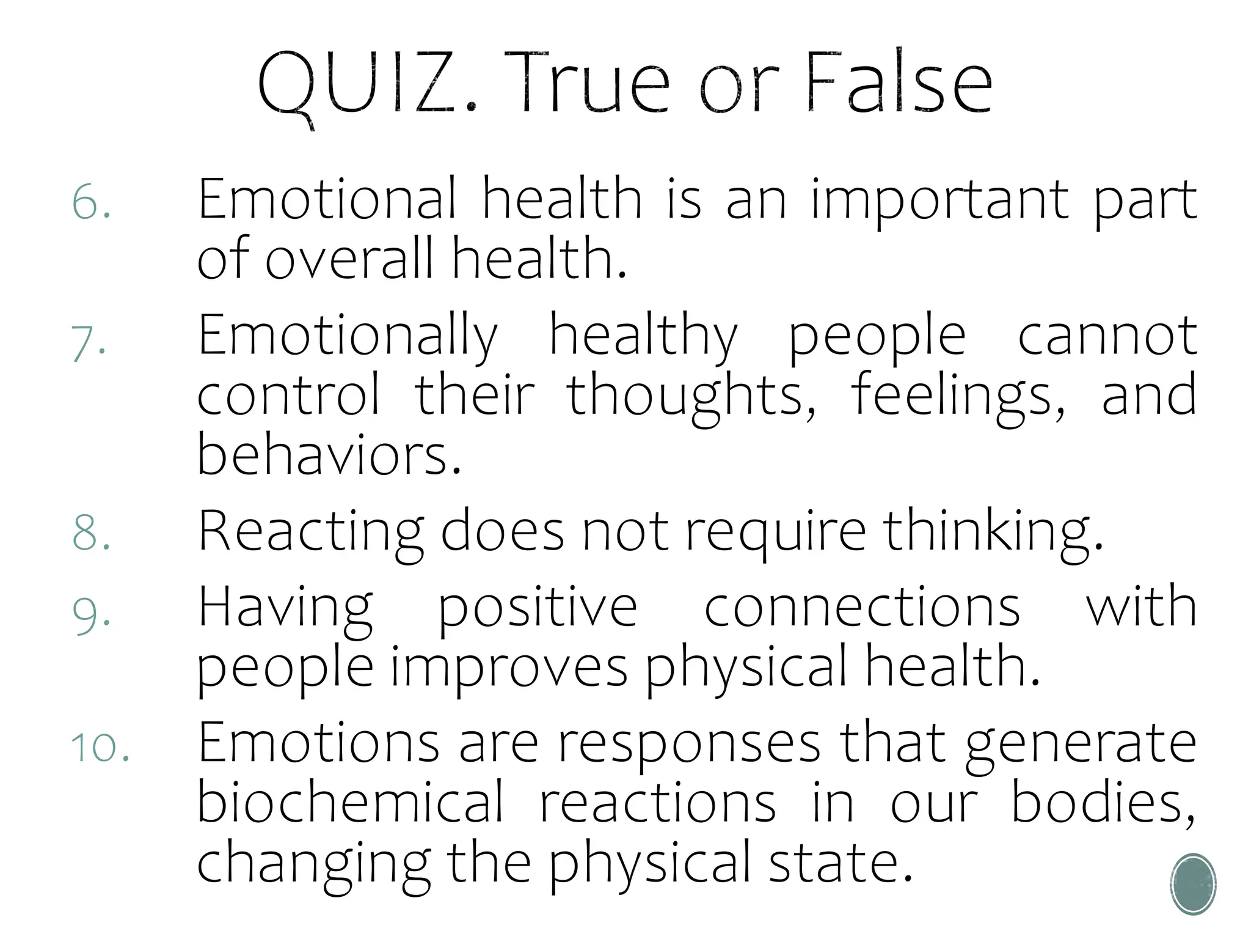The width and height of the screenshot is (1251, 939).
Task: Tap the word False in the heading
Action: click(898, 83)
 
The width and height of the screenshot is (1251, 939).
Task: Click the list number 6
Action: click(91, 202)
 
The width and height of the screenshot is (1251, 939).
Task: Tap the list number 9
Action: click(91, 613)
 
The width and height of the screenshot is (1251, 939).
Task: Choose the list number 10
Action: click(100, 747)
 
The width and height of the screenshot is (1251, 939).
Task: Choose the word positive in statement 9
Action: click(538, 608)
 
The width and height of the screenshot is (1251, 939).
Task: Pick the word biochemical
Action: click(350, 803)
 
